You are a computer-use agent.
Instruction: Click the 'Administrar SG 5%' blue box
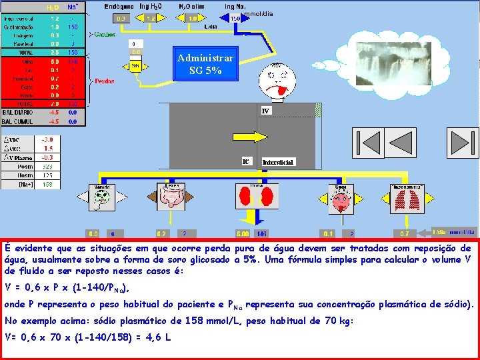pyautogui.click(x=205, y=64)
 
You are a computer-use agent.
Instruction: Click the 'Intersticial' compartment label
pyautogui.click(x=277, y=162)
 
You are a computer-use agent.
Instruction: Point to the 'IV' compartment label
pyautogui.click(x=266, y=110)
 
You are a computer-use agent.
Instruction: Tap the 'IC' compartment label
pyautogui.click(x=245, y=161)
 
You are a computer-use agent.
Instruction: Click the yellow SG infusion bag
pyautogui.click(x=135, y=67)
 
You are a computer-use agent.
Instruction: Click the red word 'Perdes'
pyautogui.click(x=103, y=81)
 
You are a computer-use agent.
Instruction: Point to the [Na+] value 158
pyautogui.click(x=47, y=184)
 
